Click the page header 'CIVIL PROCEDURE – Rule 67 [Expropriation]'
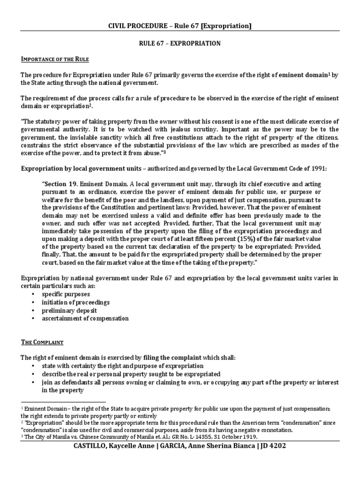point(180,26)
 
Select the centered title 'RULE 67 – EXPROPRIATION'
point(180,43)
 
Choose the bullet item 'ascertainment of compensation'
point(85,318)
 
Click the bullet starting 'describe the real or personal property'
point(131,374)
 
